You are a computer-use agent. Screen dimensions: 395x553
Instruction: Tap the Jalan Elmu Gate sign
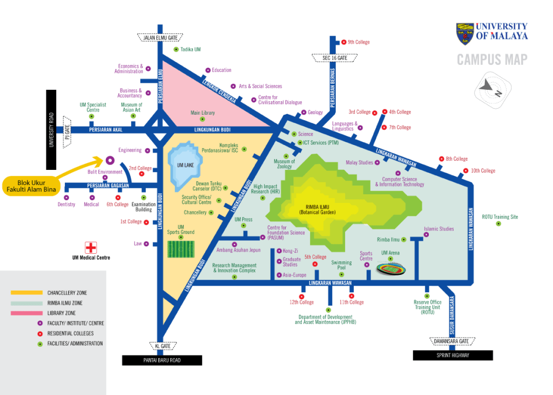(160, 37)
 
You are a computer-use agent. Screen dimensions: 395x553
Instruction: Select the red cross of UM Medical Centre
(91, 247)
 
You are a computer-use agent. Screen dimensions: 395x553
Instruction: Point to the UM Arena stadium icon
(390, 268)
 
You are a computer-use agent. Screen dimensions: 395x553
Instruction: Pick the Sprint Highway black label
(453, 356)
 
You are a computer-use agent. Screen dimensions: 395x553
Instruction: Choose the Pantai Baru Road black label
(162, 360)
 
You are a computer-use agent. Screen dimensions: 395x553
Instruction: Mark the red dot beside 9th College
(343, 42)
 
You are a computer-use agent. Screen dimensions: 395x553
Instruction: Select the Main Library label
(203, 113)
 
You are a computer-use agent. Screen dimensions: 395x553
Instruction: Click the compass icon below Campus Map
(493, 88)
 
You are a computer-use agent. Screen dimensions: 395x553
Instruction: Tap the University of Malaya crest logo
(465, 33)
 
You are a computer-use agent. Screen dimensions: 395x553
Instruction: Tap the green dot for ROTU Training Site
(498, 223)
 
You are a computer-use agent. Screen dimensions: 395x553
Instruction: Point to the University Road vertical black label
(52, 130)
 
